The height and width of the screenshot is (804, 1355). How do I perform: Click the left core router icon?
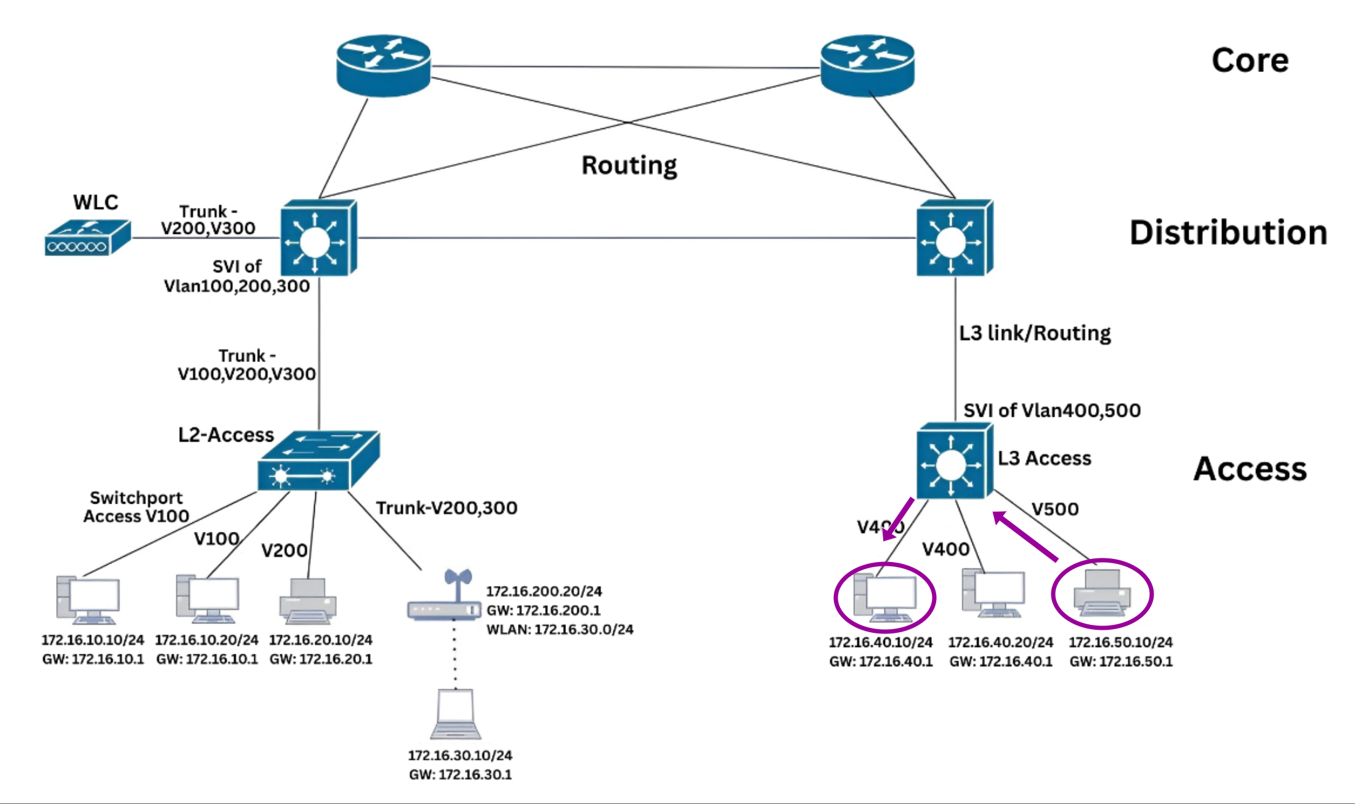pos(383,65)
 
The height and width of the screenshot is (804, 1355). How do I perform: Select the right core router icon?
pos(867,65)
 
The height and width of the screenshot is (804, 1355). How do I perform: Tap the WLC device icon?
pos(87,238)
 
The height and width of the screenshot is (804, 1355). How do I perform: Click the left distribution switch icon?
pos(318,238)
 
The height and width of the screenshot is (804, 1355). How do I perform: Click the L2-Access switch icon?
pos(318,462)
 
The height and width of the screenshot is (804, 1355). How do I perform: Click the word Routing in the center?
pos(629,166)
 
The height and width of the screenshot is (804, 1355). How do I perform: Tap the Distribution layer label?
pos(1228,233)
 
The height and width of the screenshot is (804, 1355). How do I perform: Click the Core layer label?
pos(1250,60)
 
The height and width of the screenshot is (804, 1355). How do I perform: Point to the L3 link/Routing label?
pos(1035,333)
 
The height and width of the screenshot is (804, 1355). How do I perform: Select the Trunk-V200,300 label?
pos(447,508)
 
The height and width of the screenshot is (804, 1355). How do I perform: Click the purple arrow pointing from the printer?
pos(1025,537)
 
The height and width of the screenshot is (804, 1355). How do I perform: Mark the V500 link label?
pos(1055,509)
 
